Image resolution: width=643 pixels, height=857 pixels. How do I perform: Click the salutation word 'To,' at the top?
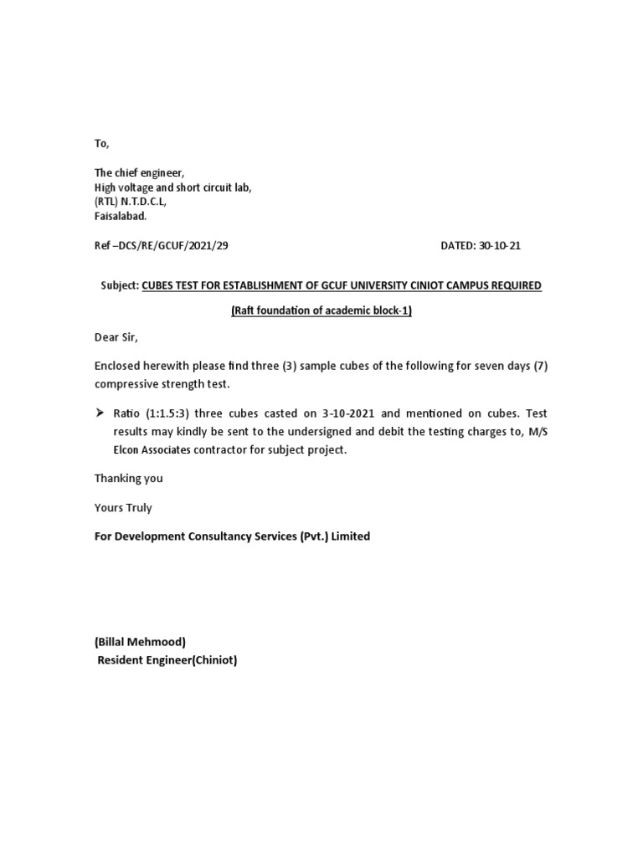tap(101, 144)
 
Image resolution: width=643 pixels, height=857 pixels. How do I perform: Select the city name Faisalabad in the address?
tap(120, 216)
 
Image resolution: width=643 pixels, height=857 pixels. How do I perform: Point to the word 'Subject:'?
tap(119, 285)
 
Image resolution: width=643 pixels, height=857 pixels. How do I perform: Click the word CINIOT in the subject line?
tap(426, 285)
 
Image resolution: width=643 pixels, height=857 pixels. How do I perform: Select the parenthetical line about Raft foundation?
tap(321, 311)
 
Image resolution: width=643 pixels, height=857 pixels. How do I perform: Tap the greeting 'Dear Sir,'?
tap(116, 338)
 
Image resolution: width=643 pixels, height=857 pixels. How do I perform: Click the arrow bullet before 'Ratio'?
tap(99, 413)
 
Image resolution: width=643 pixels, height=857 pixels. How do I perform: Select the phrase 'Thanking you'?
tap(128, 479)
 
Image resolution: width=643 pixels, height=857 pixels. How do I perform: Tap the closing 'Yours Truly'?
tap(123, 507)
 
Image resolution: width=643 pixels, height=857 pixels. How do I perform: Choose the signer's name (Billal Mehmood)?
tap(140, 642)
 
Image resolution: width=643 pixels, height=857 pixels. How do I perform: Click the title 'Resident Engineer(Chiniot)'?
tap(167, 660)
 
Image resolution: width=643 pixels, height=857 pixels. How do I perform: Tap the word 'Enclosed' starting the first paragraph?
tap(118, 367)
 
